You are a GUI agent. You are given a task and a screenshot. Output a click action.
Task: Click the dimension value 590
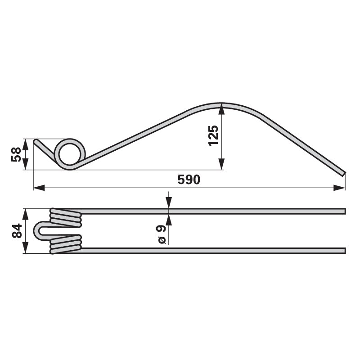point(189,180)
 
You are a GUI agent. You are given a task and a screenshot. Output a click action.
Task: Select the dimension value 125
point(213,136)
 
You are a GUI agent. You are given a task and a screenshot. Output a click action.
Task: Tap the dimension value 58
point(16,154)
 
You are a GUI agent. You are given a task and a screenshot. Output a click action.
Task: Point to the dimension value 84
point(17,231)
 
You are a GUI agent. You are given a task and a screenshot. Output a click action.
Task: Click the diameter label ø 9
point(162,234)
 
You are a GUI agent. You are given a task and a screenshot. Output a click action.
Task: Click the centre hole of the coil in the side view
point(70,154)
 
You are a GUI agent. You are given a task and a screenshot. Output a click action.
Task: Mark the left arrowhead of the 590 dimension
point(39,188)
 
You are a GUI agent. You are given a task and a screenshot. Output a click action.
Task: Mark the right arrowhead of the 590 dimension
point(339,188)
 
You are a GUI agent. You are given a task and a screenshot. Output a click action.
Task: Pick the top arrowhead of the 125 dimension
point(221,109)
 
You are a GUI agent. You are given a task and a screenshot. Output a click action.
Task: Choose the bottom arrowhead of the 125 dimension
point(221,164)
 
